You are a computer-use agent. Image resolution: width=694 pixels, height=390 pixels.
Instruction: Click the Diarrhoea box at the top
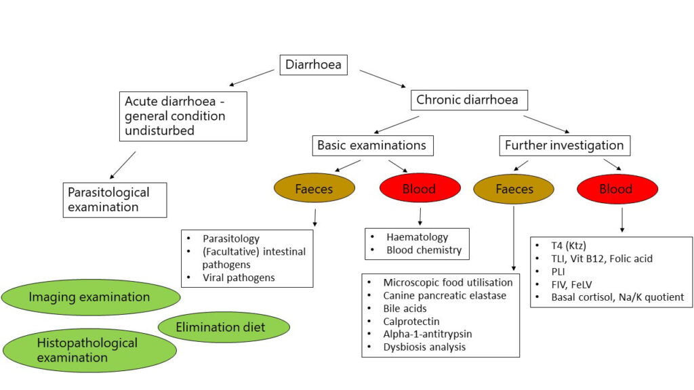click(314, 65)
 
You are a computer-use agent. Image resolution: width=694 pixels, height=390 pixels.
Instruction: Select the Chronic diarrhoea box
click(468, 100)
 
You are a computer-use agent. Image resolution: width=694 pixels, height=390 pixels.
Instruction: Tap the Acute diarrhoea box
click(183, 116)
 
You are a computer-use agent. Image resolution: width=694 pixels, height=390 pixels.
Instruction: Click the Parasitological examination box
click(115, 199)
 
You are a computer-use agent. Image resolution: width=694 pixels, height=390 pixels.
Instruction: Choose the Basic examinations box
click(372, 145)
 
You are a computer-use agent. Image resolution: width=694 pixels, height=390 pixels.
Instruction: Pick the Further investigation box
click(565, 145)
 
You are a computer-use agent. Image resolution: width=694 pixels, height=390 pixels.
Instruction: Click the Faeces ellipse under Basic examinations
click(314, 189)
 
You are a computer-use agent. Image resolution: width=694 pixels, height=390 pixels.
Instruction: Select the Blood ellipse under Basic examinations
click(418, 189)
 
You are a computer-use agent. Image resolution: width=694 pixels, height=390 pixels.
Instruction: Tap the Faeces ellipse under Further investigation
click(514, 189)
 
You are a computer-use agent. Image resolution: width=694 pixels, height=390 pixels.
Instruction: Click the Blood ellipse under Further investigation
click(615, 189)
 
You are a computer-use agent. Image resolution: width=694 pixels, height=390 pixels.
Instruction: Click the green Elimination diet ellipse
click(224, 328)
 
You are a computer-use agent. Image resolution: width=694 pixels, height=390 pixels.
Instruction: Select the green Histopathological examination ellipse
click(88, 350)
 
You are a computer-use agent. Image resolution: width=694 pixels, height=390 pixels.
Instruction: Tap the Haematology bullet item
click(417, 237)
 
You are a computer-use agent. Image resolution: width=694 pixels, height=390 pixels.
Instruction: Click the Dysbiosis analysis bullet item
click(424, 347)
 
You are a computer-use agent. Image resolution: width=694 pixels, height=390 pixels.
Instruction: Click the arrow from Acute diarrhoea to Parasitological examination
click(122, 165)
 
